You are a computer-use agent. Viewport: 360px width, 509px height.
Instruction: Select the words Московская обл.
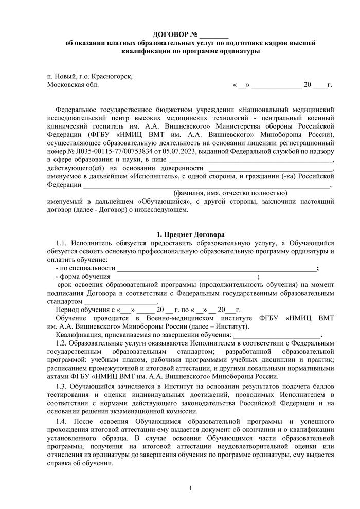73,84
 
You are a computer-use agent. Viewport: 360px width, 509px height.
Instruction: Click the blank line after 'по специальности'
217,268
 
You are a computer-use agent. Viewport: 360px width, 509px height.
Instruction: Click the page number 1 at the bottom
190,487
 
